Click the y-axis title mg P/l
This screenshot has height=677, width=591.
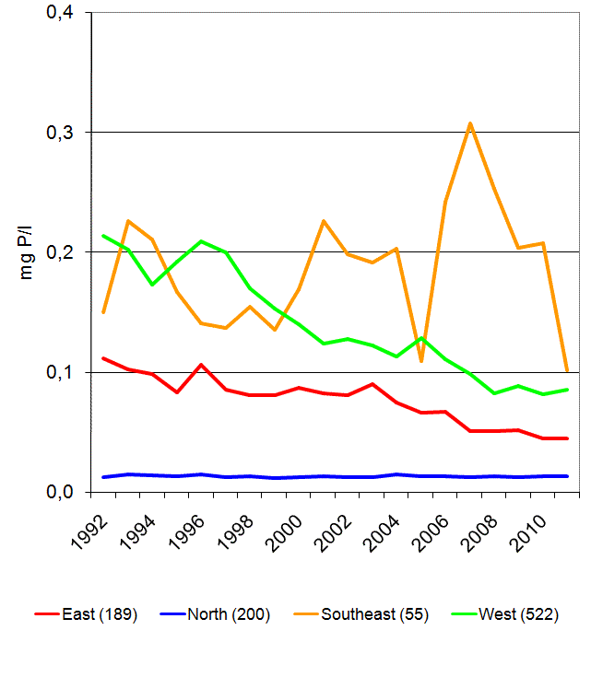(27, 251)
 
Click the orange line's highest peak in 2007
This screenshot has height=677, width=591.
(470, 123)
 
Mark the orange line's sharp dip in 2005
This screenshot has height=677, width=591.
(421, 361)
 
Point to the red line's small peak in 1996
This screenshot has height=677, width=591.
(201, 365)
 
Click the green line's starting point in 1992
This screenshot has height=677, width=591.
(103, 236)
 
